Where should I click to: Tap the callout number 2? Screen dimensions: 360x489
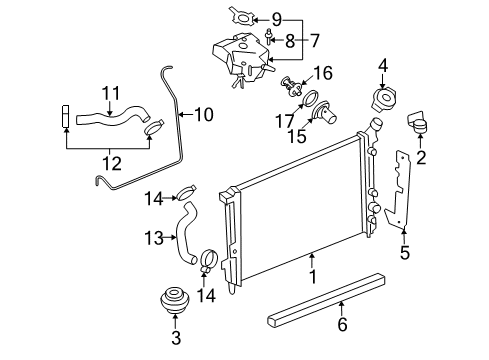(x=421, y=157)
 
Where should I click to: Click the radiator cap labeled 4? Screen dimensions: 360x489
(x=382, y=102)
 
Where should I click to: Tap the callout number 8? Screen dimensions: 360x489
(x=291, y=43)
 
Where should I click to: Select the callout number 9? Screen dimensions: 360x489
(x=277, y=17)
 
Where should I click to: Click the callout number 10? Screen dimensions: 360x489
(x=203, y=115)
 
